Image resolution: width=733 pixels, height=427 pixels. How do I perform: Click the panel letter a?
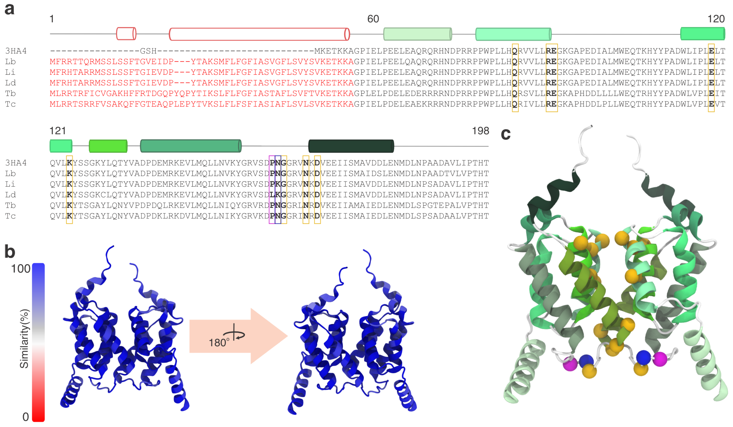[9, 9]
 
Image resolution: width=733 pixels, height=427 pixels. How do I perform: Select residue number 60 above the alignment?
[373, 19]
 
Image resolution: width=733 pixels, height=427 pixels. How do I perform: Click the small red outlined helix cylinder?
[126, 34]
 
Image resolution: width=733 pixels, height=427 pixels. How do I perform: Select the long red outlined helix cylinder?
[259, 34]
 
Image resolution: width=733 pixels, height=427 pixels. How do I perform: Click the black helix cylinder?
[351, 146]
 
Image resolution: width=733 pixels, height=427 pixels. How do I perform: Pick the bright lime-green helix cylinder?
[108, 146]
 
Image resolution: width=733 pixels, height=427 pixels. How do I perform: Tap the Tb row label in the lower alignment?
[10, 206]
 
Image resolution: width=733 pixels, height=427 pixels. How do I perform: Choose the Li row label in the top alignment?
[10, 72]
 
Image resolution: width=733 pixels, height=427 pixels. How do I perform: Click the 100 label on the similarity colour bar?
[20, 269]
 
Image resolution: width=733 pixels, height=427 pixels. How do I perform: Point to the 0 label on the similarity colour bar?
[26, 417]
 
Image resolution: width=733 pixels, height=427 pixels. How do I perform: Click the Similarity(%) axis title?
[24, 339]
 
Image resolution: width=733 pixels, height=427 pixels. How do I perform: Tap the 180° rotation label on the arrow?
[219, 342]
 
